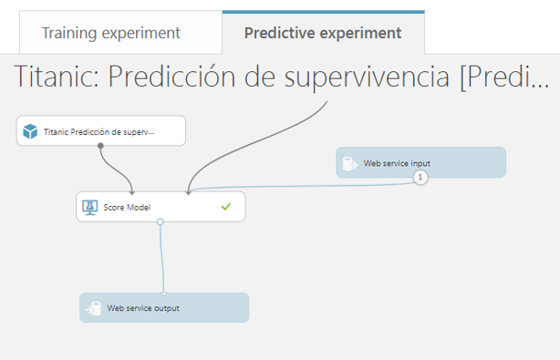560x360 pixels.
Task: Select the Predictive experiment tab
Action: [323, 33]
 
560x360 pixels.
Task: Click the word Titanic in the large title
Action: [56, 77]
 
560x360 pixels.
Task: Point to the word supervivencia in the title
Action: [367, 77]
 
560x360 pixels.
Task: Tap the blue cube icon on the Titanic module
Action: [30, 131]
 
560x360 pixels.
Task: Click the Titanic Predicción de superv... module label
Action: [99, 132]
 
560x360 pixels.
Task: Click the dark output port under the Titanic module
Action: [100, 146]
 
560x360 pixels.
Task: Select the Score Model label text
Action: [127, 207]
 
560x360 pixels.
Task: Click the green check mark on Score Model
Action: [226, 207]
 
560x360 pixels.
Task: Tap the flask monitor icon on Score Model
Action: [89, 207]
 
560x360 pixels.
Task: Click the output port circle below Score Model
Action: [160, 221]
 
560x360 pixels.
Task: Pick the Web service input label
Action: [397, 163]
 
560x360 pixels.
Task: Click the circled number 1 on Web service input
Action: [420, 177]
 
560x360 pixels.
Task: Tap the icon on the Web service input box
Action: [349, 163]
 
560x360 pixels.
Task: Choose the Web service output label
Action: [143, 308]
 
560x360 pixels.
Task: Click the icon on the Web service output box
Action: [93, 308]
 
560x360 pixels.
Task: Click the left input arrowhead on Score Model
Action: [132, 192]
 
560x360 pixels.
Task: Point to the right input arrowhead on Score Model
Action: [188, 192]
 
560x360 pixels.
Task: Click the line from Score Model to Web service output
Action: [161, 259]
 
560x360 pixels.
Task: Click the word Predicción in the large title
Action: [171, 77]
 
